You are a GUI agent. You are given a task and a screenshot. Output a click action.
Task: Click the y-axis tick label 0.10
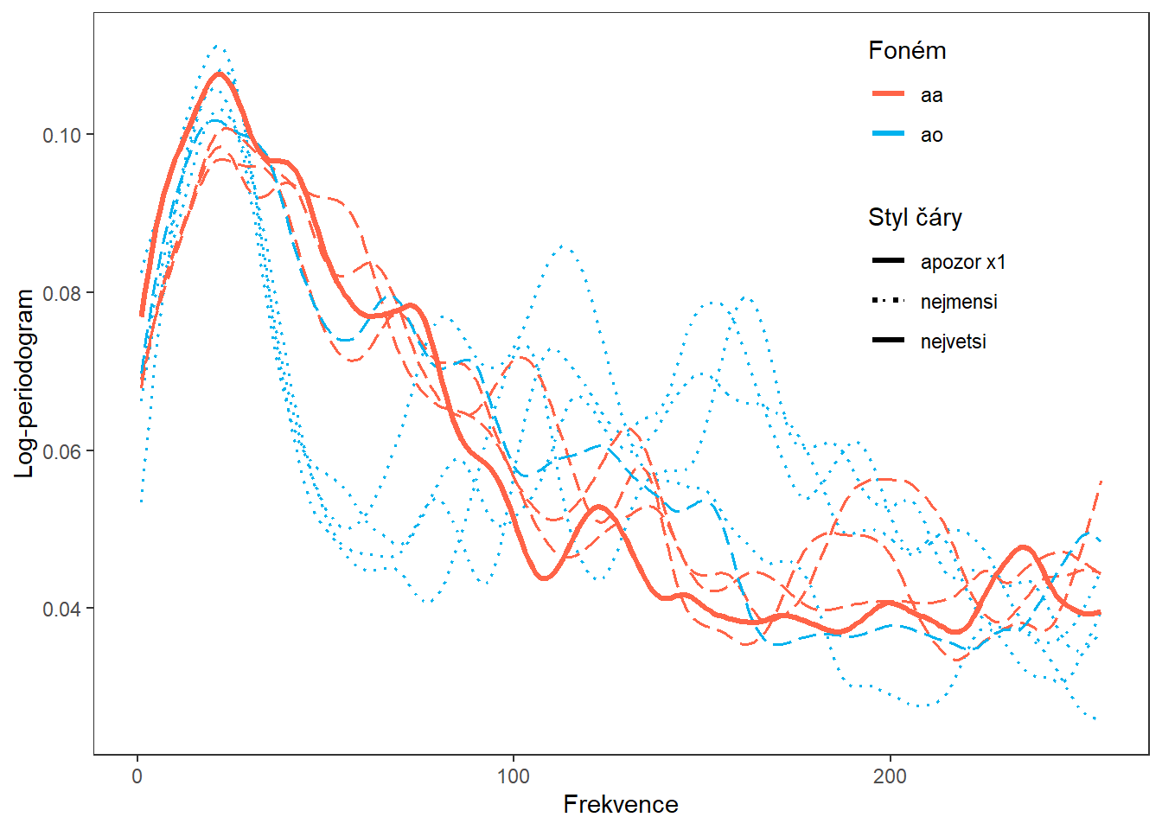pyautogui.click(x=61, y=135)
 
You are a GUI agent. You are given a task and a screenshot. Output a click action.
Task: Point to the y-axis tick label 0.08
pyautogui.click(x=61, y=293)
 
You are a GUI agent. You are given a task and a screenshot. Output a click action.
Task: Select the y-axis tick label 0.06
pyautogui.click(x=61, y=451)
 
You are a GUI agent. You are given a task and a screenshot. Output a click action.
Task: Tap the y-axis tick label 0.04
pyautogui.click(x=61, y=610)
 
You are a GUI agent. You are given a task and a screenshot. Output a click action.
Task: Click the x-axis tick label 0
pyautogui.click(x=137, y=776)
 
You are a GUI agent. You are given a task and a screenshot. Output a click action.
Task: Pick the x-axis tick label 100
pyautogui.click(x=514, y=776)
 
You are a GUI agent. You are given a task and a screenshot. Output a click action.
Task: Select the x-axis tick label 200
pyautogui.click(x=890, y=776)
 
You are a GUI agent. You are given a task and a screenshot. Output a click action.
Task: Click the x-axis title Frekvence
pyautogui.click(x=621, y=805)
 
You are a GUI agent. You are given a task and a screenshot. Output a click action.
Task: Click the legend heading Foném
pyautogui.click(x=907, y=51)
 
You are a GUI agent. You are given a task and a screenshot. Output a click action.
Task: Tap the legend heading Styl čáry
pyautogui.click(x=915, y=217)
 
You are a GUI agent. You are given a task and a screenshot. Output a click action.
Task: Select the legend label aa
pyautogui.click(x=931, y=95)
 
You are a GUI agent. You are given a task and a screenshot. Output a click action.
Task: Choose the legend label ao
pyautogui.click(x=931, y=135)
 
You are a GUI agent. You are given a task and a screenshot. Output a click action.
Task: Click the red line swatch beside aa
pyautogui.click(x=888, y=93)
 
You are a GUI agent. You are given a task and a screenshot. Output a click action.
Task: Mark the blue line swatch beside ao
pyautogui.click(x=888, y=134)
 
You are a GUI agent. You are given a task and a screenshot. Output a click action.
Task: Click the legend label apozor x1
pyautogui.click(x=963, y=262)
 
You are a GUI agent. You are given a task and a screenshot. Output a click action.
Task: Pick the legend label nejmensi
pyautogui.click(x=959, y=302)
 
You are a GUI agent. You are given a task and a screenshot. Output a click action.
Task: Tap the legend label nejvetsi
pyautogui.click(x=953, y=342)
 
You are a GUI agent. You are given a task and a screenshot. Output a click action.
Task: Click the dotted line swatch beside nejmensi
pyautogui.click(x=888, y=301)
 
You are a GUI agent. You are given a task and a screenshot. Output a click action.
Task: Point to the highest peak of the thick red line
pyautogui.click(x=219, y=73)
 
